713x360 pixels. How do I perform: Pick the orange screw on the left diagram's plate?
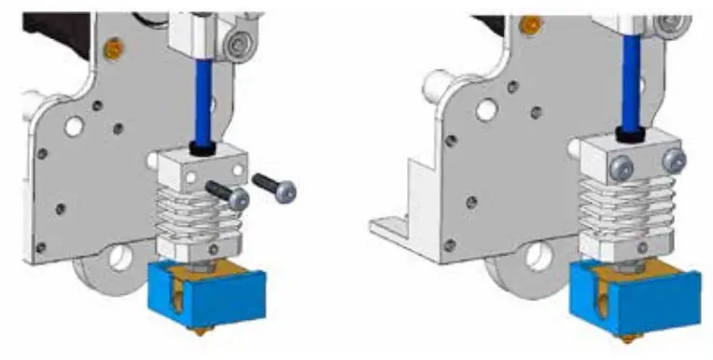[115, 47]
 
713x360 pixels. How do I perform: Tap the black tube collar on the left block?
[201, 147]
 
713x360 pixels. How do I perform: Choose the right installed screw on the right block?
[669, 161]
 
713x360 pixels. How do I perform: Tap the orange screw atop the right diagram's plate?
[533, 21]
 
